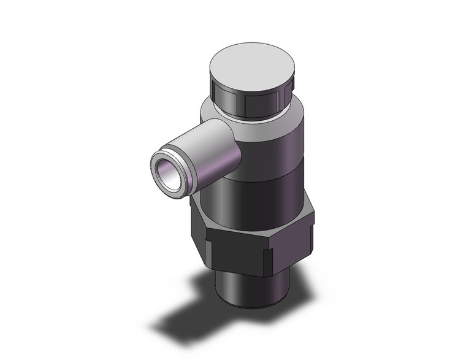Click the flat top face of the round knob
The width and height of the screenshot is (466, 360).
point(254,66)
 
